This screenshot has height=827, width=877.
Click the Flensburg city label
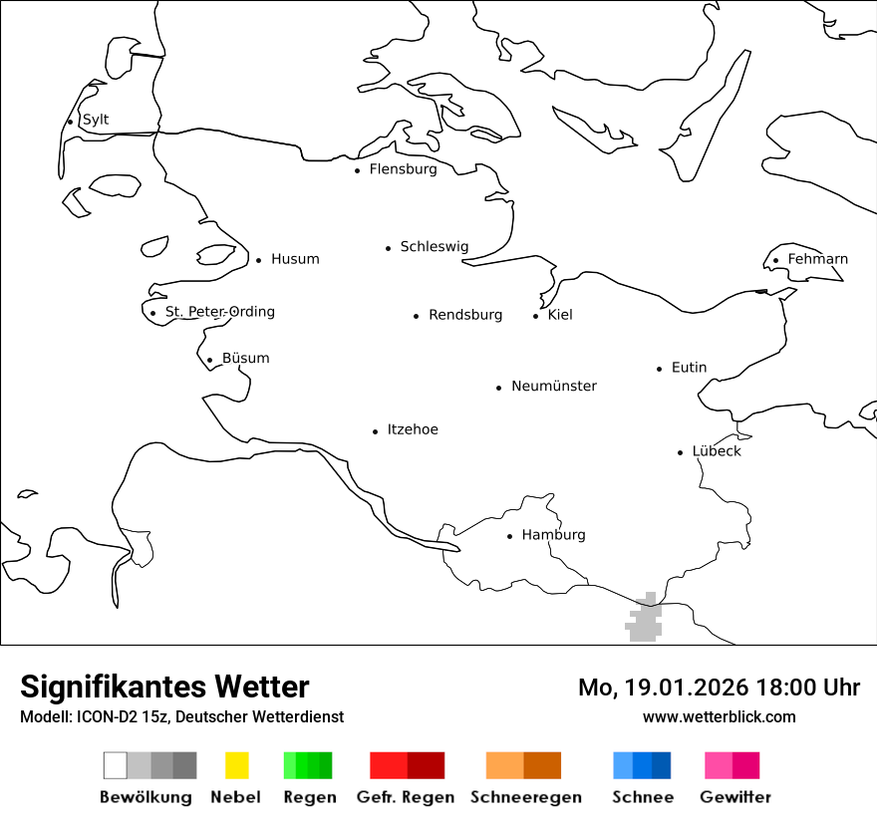(403, 169)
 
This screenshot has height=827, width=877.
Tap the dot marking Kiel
(536, 316)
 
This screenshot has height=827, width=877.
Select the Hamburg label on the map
(553, 535)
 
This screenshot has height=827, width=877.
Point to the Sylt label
(96, 120)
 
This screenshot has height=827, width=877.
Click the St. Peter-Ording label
(219, 312)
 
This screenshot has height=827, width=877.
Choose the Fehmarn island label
(817, 259)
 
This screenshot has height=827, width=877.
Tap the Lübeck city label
(717, 451)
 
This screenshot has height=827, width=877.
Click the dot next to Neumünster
(499, 388)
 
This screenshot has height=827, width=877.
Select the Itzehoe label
(413, 429)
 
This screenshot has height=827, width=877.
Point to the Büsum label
(245, 358)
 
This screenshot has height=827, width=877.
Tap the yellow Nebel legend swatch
(236, 765)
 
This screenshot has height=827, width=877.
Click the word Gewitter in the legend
(735, 797)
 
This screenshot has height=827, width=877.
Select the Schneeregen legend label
(525, 797)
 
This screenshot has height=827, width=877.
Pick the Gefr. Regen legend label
(405, 797)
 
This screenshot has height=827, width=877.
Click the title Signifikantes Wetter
(164, 687)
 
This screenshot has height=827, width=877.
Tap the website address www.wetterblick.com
(719, 716)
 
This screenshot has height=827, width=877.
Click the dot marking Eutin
(660, 369)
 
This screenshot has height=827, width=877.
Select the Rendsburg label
(465, 315)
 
